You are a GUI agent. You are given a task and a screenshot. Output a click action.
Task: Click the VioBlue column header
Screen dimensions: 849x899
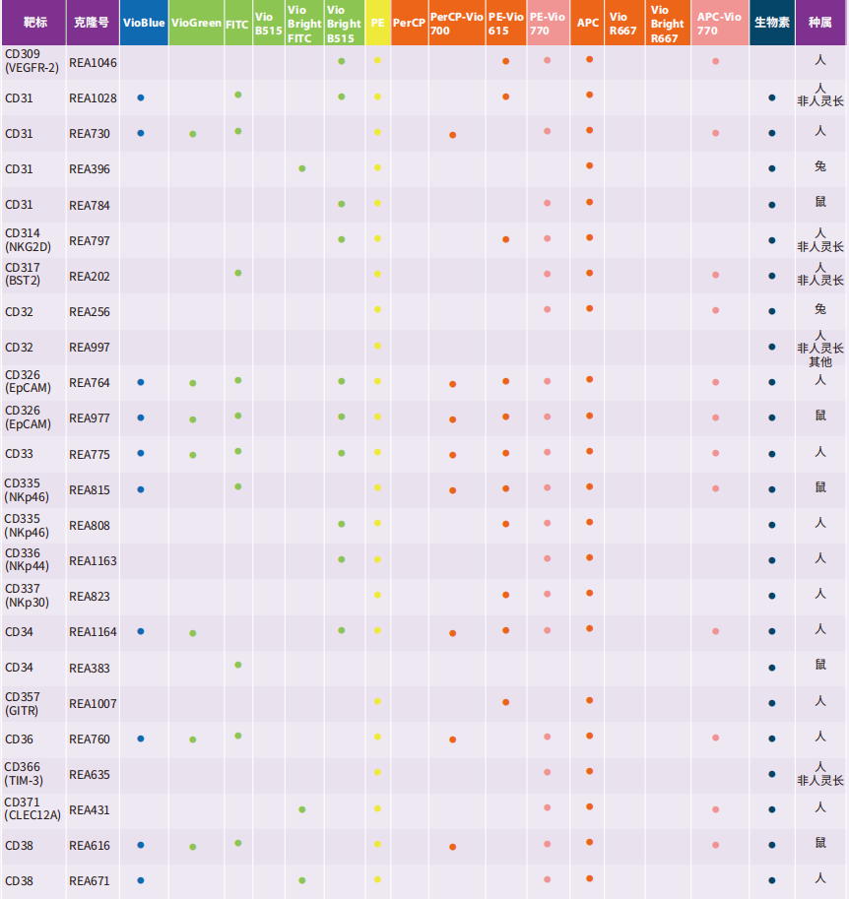click(144, 23)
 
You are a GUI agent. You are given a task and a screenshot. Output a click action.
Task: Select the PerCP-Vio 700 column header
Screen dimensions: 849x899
click(457, 23)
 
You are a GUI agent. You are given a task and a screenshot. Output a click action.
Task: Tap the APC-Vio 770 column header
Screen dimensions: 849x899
click(719, 23)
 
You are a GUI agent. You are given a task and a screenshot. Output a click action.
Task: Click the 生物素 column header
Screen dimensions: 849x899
click(772, 23)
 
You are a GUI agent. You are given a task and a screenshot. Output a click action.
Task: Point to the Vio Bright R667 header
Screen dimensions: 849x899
click(668, 23)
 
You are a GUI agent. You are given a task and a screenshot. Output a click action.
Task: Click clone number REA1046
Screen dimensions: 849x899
click(93, 62)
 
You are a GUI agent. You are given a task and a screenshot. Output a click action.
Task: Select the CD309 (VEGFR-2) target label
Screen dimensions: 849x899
click(33, 61)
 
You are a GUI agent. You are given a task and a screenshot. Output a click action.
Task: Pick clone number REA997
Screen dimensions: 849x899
click(90, 347)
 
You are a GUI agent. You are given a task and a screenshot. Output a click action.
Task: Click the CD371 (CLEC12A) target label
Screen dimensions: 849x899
click(33, 808)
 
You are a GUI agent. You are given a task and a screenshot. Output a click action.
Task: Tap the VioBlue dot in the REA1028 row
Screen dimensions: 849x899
click(141, 97)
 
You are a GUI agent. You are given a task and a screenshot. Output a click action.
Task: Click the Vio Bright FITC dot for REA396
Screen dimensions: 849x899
click(302, 168)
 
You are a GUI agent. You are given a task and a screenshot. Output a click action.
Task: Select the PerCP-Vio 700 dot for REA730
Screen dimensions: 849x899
click(453, 135)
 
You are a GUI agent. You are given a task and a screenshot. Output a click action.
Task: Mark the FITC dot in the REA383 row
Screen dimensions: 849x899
click(238, 665)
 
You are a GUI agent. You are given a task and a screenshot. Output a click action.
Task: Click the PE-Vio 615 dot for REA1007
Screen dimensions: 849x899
click(506, 702)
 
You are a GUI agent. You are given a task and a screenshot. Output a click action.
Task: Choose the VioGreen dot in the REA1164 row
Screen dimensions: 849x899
click(193, 633)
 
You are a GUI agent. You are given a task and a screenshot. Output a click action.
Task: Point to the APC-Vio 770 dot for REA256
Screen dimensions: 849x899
click(716, 310)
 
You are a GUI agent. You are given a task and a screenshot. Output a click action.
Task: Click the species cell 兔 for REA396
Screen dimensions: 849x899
click(820, 166)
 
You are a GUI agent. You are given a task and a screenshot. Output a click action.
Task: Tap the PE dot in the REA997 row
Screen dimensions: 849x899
click(377, 346)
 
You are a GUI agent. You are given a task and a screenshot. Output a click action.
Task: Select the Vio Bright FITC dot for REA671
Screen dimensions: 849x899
click(302, 880)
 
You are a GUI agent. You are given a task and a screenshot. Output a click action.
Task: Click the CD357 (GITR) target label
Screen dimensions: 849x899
click(23, 703)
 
